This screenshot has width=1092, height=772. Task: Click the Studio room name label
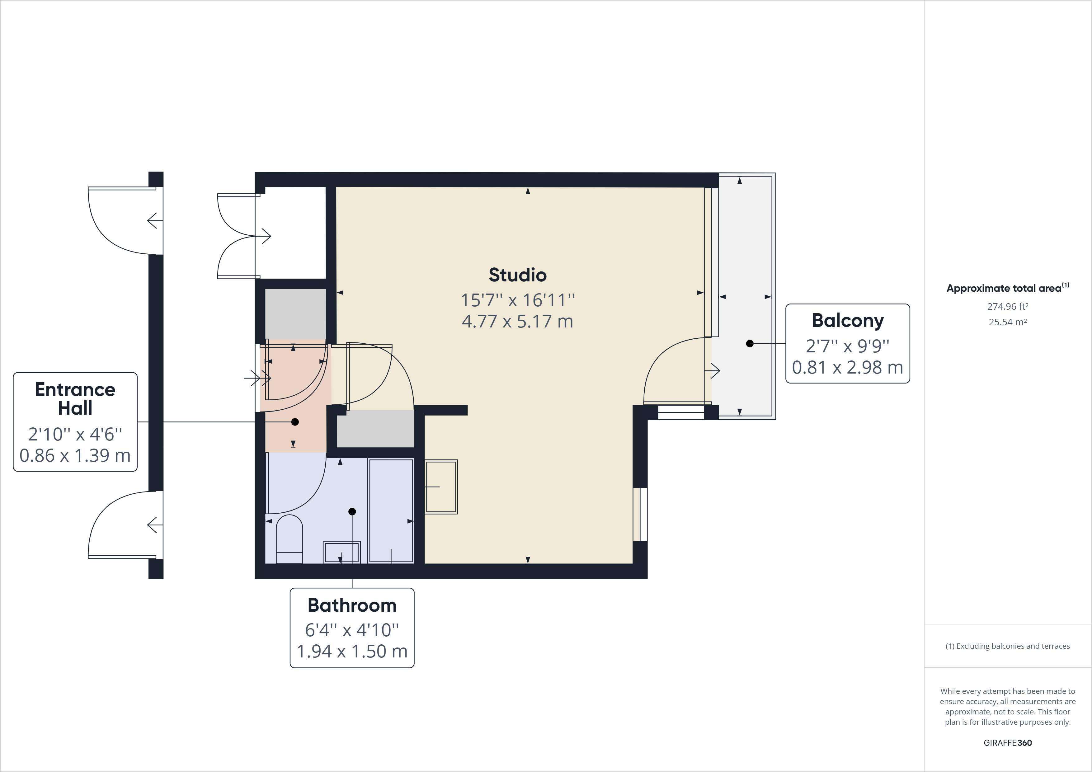click(517, 275)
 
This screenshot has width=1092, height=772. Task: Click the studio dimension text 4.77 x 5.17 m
click(517, 322)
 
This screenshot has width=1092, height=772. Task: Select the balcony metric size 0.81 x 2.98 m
click(848, 367)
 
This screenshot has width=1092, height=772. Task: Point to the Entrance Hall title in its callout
click(75, 398)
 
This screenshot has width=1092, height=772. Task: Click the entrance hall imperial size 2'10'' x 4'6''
click(75, 434)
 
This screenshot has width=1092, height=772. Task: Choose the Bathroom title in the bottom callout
click(352, 605)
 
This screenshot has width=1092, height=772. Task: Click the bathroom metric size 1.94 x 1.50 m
click(352, 651)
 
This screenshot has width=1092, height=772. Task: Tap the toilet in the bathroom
click(289, 539)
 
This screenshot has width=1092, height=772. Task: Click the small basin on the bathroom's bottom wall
click(341, 552)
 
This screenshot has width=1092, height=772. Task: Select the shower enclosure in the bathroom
click(391, 511)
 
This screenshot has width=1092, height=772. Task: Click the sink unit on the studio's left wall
click(441, 487)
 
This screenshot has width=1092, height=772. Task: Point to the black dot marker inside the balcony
click(750, 343)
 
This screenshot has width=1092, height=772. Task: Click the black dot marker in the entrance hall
click(295, 422)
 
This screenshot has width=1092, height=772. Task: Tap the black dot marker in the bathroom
click(352, 512)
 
